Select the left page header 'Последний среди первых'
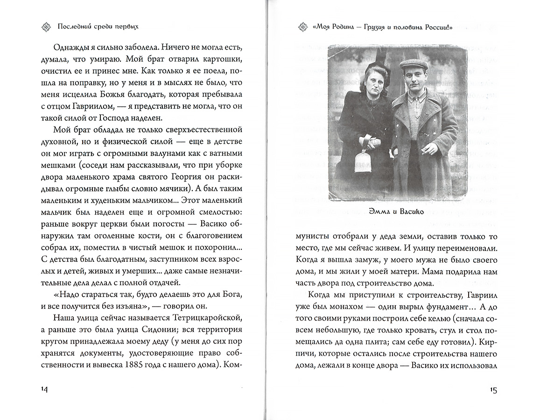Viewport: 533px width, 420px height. click(x=98, y=27)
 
